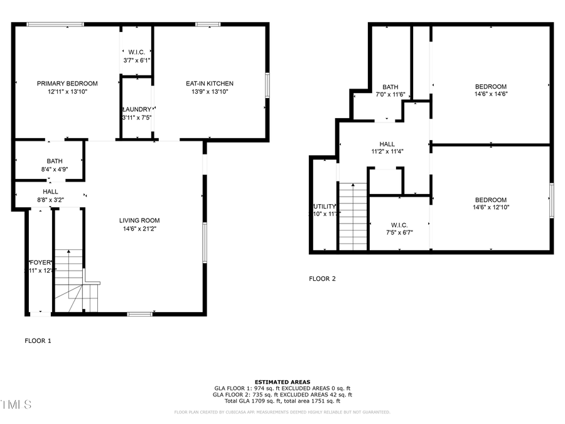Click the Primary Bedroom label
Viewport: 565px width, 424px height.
pyautogui.click(x=67, y=84)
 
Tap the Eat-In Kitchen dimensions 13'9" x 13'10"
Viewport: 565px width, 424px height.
pyautogui.click(x=210, y=92)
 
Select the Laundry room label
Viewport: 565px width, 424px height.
pyautogui.click(x=136, y=109)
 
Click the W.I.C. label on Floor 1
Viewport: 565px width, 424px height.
pyautogui.click(x=136, y=52)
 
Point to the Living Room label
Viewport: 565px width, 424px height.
pyautogui.click(x=139, y=220)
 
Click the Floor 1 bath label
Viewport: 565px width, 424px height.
pyautogui.click(x=54, y=161)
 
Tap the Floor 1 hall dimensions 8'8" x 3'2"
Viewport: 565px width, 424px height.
pyautogui.click(x=50, y=200)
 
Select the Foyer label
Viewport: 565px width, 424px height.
pyautogui.click(x=39, y=262)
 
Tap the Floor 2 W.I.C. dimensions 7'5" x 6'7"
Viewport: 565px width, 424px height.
pyautogui.click(x=399, y=232)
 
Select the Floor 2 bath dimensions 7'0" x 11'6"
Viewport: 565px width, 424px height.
pyautogui.click(x=390, y=95)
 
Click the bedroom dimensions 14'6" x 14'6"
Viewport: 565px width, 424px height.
pyautogui.click(x=490, y=94)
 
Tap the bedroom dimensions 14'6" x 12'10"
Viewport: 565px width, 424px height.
pyautogui.click(x=490, y=207)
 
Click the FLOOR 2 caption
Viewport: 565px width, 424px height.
pyautogui.click(x=322, y=278)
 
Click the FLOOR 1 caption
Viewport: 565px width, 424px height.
pyautogui.click(x=38, y=340)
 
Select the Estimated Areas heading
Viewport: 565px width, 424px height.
pyautogui.click(x=282, y=382)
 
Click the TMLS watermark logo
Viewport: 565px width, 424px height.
pyautogui.click(x=16, y=404)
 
